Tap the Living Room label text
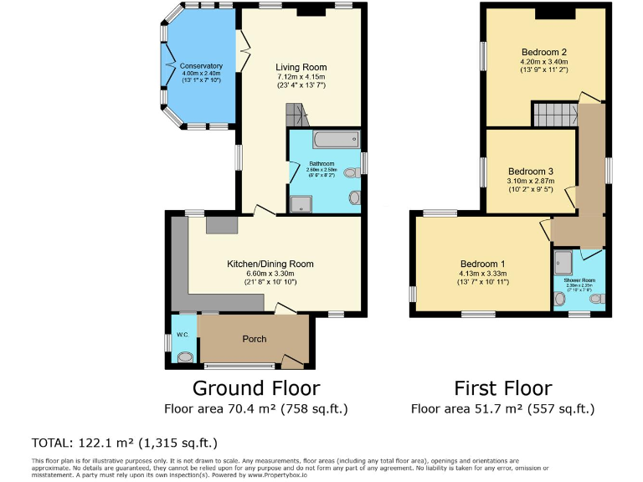pyautogui.click(x=301, y=67)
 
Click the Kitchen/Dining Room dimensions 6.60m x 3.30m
pyautogui.click(x=270, y=273)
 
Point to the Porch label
pyautogui.click(x=255, y=339)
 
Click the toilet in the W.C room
pyautogui.click(x=184, y=356)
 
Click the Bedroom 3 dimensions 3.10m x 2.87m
pyautogui.click(x=530, y=181)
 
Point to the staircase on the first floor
pyautogui.click(x=553, y=113)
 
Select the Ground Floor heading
pyautogui.click(x=256, y=388)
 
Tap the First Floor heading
pyautogui.click(x=502, y=388)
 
